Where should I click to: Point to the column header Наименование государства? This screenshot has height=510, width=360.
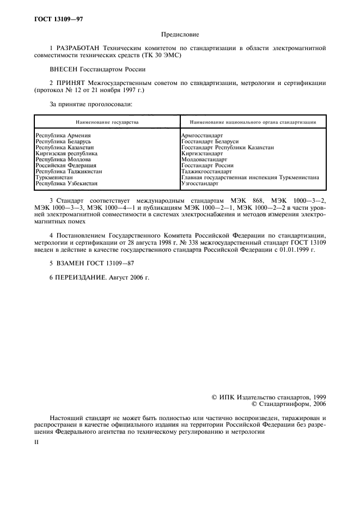[107, 122]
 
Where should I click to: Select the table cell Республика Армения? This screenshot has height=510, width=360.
[63, 135]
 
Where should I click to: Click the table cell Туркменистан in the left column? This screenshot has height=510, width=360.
[54, 178]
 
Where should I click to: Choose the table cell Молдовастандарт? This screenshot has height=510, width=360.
[204, 160]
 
